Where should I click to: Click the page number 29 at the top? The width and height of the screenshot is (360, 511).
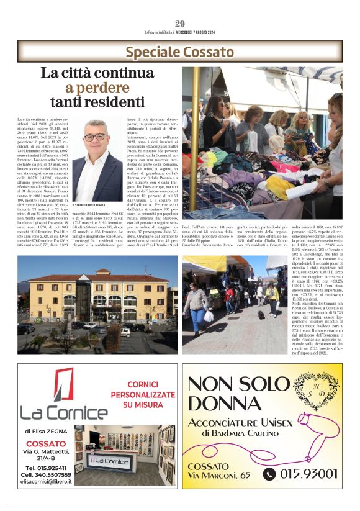(180, 24)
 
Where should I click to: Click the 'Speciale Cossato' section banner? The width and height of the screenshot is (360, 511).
(179, 52)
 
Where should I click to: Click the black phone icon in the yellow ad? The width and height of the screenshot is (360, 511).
(269, 474)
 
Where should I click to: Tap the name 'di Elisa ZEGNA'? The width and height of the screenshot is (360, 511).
(47, 430)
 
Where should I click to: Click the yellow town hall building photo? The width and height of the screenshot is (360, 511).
(97, 304)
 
